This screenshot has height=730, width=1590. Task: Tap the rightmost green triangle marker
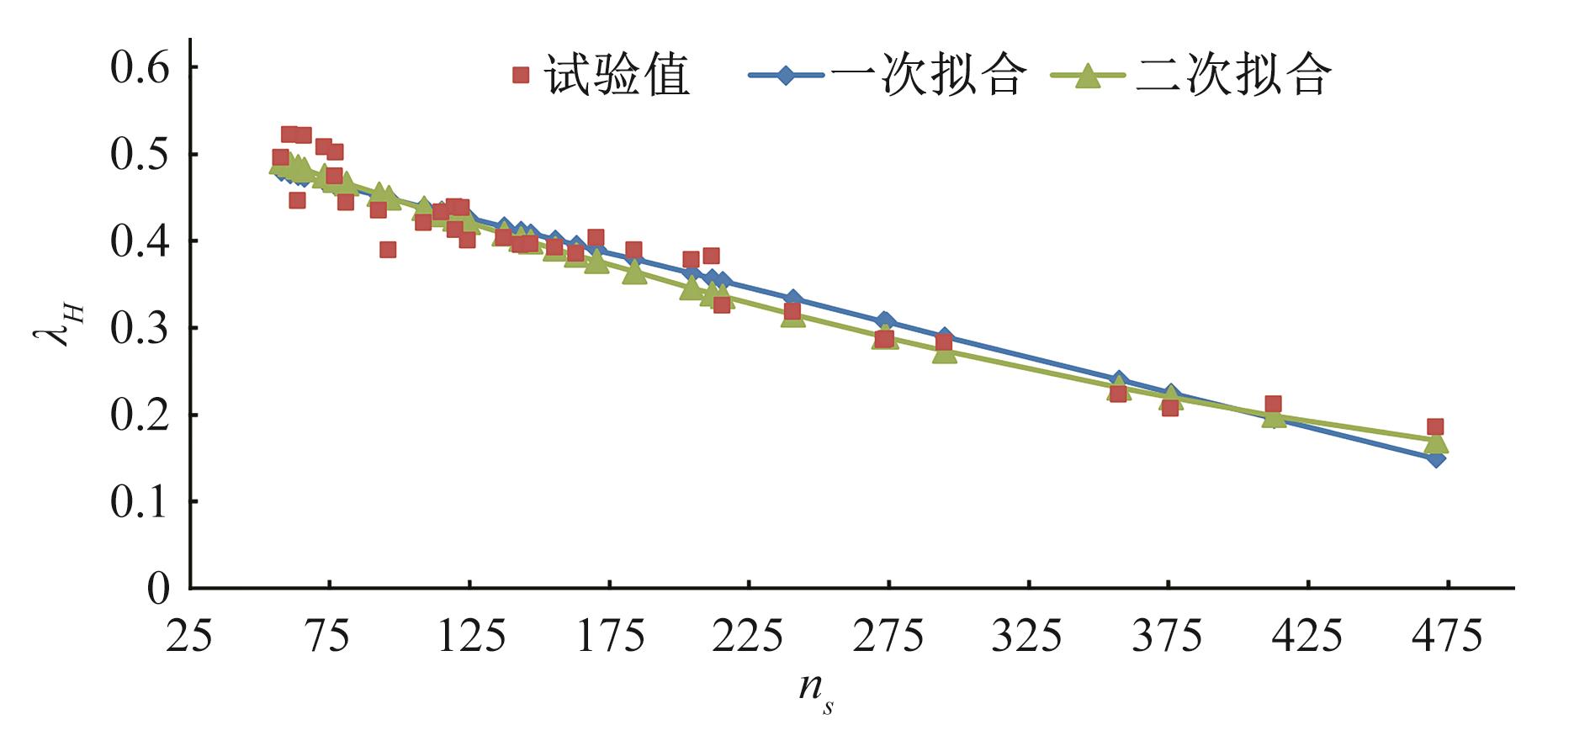click(x=1436, y=442)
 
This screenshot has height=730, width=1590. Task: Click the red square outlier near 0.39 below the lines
click(x=388, y=250)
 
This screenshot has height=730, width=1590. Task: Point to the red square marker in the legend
click(x=521, y=76)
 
